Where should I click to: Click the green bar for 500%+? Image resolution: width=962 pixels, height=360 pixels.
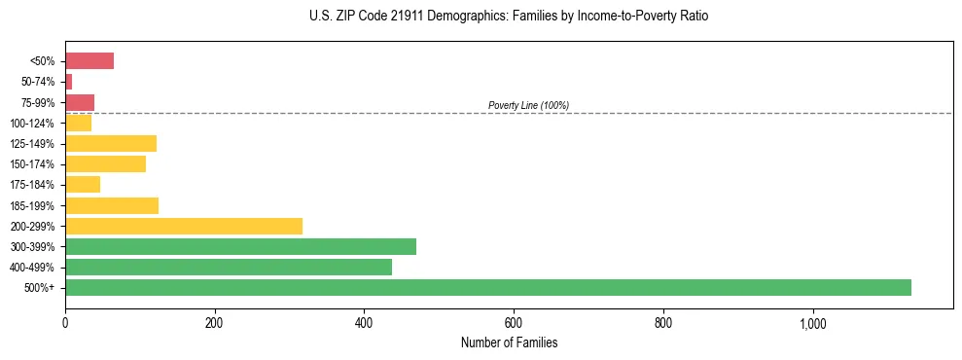tap(487, 287)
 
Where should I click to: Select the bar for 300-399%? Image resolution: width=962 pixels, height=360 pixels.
tap(240, 246)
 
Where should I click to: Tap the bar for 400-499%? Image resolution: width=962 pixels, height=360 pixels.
tap(229, 267)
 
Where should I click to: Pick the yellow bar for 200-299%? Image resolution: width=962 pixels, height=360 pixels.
tap(184, 226)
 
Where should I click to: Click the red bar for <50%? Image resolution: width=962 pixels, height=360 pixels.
tap(89, 61)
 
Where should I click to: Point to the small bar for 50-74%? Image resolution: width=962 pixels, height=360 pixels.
tap(69, 82)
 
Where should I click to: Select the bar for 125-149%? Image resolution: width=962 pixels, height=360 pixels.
tap(111, 144)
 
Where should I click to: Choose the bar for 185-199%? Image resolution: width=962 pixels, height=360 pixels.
tap(112, 205)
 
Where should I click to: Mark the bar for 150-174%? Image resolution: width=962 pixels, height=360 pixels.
tap(105, 164)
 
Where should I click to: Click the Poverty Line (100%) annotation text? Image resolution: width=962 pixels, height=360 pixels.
tap(528, 105)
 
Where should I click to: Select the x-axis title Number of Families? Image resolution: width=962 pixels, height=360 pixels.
tap(509, 342)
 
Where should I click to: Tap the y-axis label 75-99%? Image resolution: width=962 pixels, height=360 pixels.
tap(39, 103)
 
